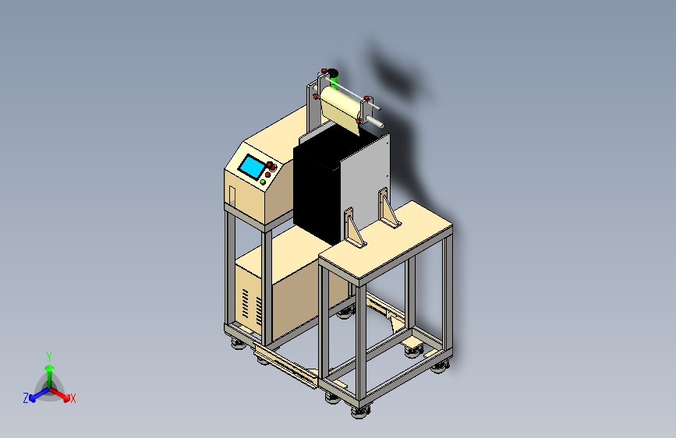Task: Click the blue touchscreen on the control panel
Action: [x=252, y=167]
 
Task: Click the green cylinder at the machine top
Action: [x=334, y=80]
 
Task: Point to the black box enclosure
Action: [x=317, y=185]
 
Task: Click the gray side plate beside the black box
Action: [x=366, y=181]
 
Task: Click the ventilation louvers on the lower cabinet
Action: [x=252, y=306]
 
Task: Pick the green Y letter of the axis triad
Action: [x=49, y=357]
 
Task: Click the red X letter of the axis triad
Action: [x=73, y=399]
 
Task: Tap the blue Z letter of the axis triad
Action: [x=26, y=398]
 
